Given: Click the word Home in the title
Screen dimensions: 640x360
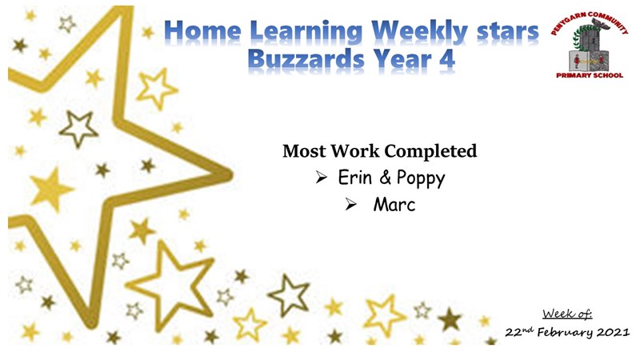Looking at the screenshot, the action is coord(203,31).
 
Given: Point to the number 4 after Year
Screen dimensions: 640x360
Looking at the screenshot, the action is coord(447,59).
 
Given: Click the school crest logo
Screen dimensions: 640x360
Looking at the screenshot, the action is coord(590,45).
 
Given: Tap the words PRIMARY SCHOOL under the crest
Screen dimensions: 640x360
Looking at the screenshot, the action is coord(590,75).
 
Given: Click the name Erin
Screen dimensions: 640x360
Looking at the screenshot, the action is coord(354,178).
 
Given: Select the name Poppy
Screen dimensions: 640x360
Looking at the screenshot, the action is coord(421,178).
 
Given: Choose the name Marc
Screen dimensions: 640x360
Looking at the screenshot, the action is coord(394,205).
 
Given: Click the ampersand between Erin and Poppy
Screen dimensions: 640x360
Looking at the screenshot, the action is coord(385,178).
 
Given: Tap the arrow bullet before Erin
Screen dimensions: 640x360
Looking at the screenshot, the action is coord(322,178).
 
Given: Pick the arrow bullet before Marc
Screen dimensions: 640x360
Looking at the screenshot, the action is coord(351,204).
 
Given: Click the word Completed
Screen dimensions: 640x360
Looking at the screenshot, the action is coord(430,151).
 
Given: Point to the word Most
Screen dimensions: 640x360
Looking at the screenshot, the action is coord(304,151).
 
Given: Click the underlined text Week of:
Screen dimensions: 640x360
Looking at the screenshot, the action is coord(567,314).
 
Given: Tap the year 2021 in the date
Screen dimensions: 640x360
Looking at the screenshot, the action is coord(613,332).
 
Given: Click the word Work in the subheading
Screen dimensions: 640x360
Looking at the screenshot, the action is coord(354,151).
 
